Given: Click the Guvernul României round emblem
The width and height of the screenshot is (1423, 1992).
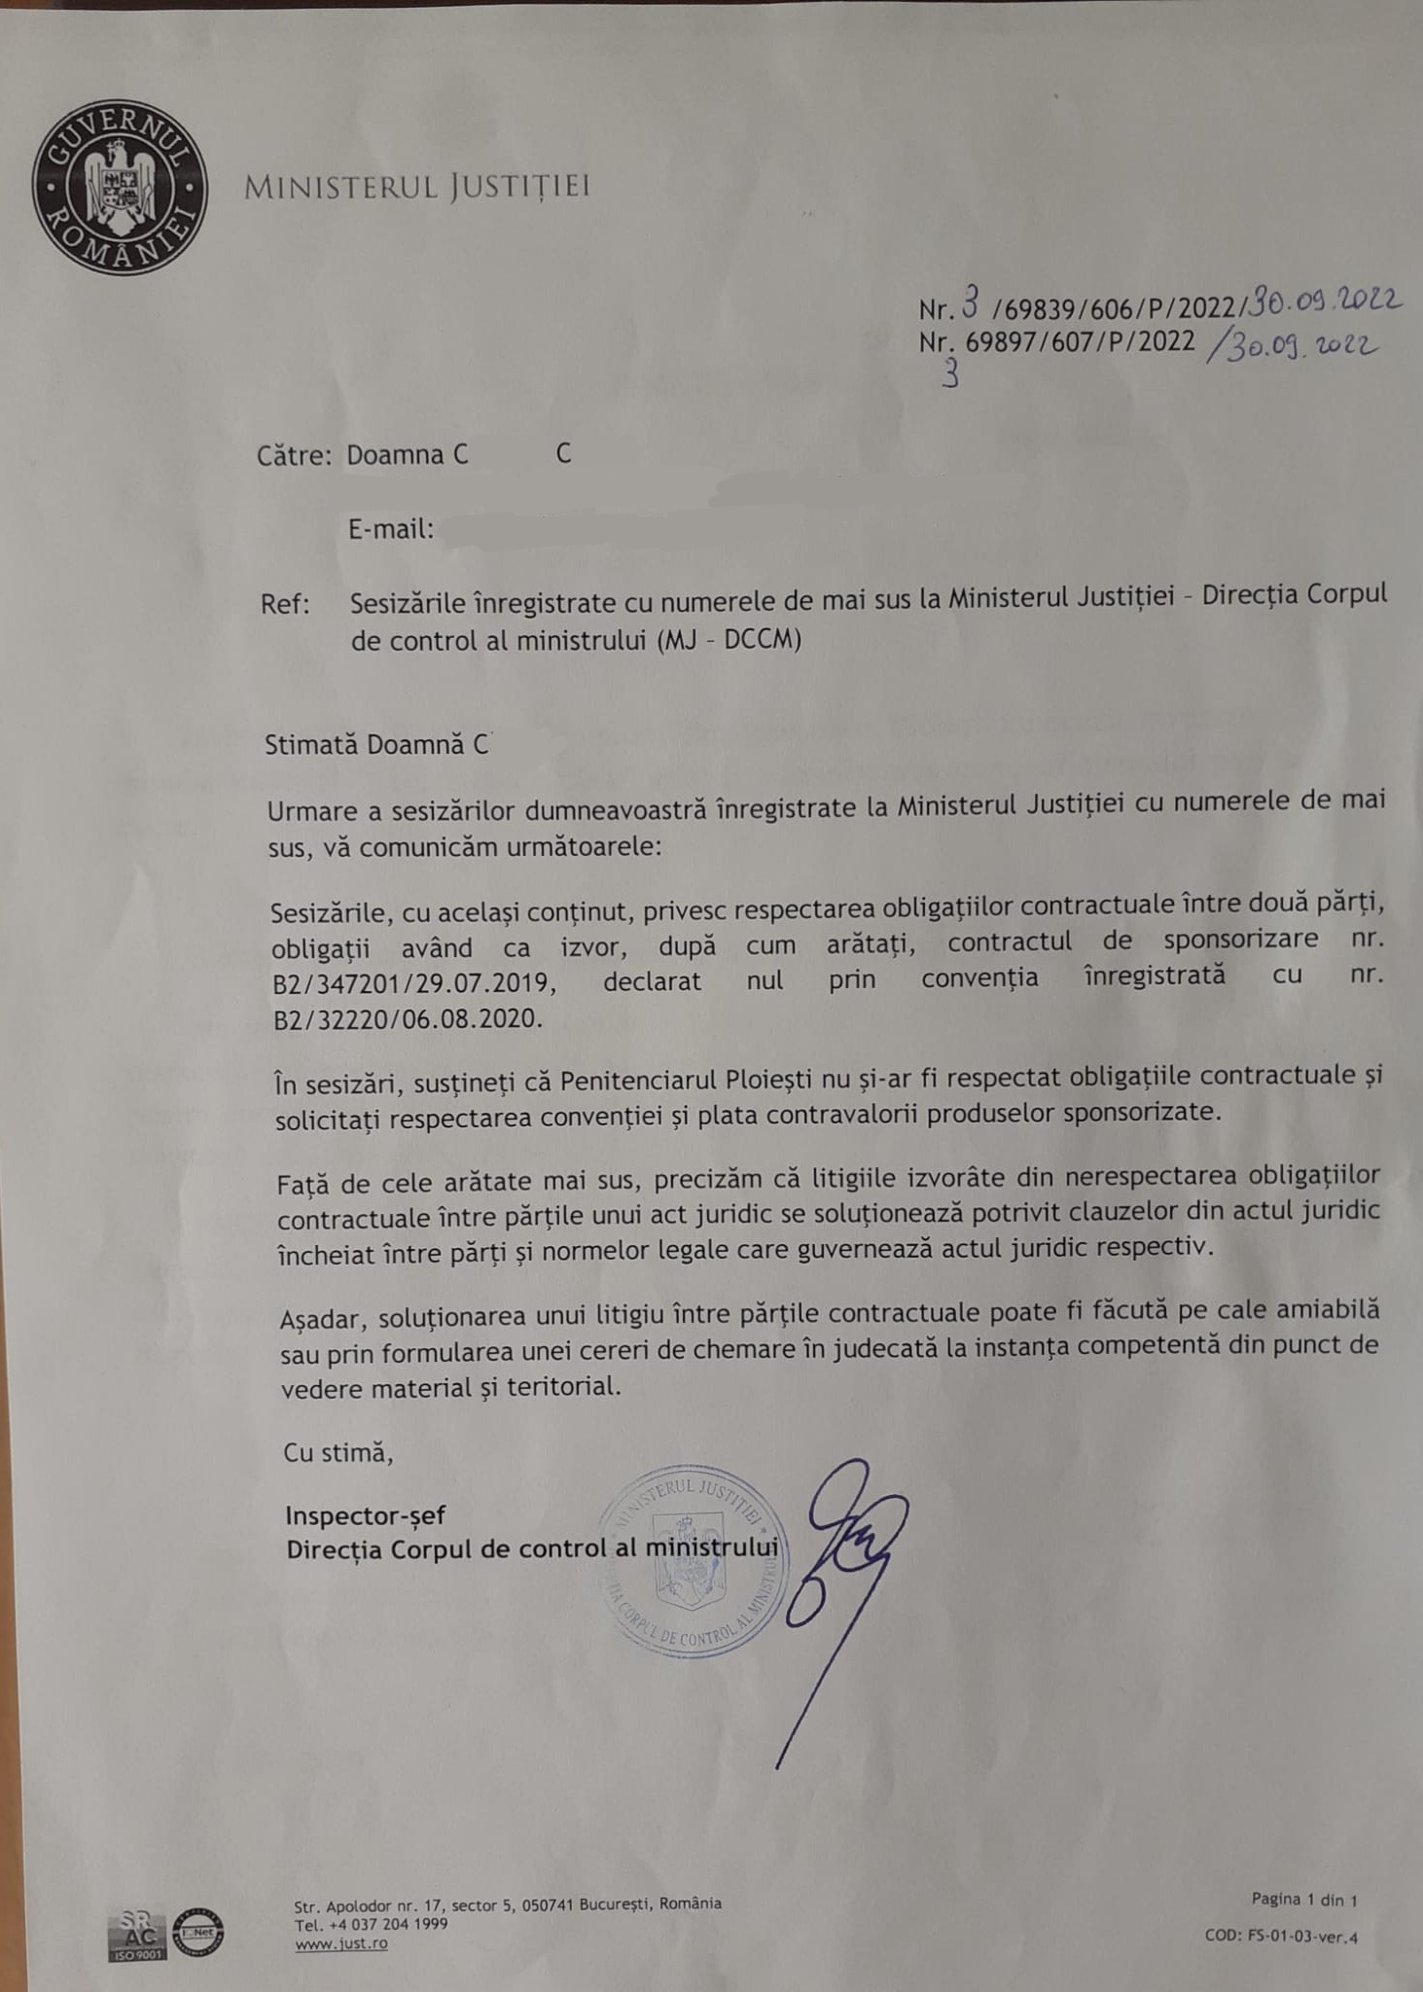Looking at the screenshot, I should pos(120,186).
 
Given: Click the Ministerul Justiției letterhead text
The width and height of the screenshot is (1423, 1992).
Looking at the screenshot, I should pos(416,187).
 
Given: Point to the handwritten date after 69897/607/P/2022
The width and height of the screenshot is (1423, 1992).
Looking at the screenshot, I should pos(1293,346).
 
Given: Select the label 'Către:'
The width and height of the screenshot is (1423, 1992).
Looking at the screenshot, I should pos(295,455).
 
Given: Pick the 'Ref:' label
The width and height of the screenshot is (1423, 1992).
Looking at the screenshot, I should pos(285,604).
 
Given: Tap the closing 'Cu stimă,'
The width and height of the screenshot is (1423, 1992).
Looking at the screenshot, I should pos(338,1453).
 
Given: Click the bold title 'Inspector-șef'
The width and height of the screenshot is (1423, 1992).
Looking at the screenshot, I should pos(366,1515).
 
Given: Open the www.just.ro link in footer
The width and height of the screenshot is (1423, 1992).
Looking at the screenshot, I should pos(340,1943).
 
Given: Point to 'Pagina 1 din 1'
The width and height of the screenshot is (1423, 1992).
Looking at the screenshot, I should pos(1303,1899).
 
